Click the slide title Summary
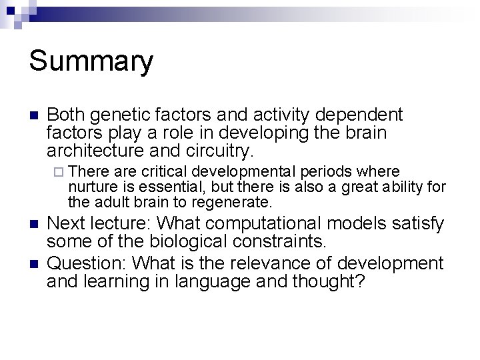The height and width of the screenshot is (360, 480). pos(91,61)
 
